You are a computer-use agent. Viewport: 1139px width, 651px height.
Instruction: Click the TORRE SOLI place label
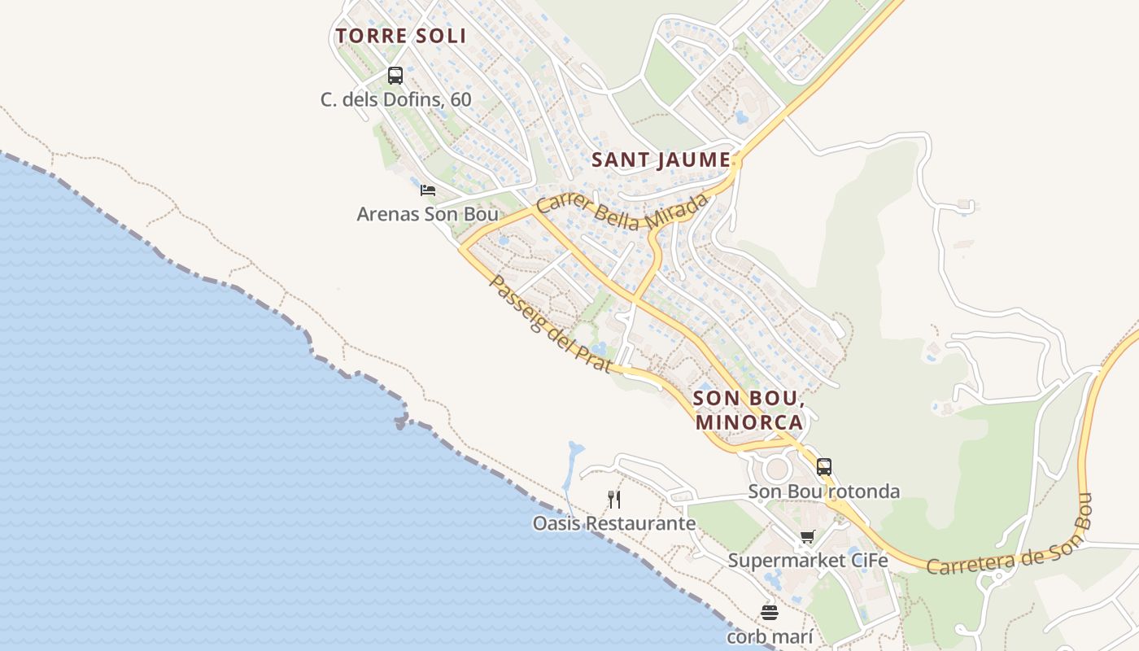point(401,36)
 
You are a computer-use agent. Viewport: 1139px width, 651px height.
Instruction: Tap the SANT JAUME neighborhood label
point(661,160)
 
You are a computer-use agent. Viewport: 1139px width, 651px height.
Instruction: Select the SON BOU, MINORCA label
point(748,411)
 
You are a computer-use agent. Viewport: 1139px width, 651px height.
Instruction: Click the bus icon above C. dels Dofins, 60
point(395,76)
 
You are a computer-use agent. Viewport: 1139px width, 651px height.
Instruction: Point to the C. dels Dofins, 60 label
point(395,100)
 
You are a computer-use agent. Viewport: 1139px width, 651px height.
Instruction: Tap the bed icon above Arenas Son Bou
point(428,190)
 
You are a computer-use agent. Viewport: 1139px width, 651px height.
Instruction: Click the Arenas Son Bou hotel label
point(427,214)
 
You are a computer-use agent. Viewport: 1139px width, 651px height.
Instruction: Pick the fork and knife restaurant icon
point(614,499)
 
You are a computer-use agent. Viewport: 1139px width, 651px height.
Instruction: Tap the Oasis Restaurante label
point(614,523)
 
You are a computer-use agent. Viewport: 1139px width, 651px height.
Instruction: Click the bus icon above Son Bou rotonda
point(824,467)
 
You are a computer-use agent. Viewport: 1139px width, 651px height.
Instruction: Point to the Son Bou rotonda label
point(824,492)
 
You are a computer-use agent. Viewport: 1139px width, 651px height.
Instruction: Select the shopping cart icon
point(807,536)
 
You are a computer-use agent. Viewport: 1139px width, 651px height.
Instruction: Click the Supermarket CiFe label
point(807,561)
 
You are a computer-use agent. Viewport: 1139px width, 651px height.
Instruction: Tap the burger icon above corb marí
point(770,612)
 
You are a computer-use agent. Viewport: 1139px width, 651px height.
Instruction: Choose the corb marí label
point(770,636)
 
